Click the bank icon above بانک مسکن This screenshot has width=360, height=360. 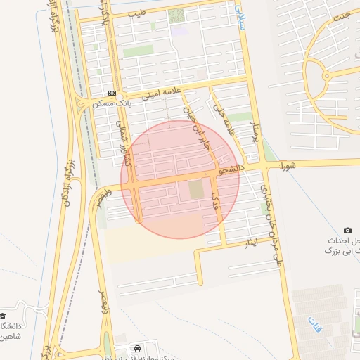pos(112,93)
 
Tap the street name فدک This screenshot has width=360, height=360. pos(215,204)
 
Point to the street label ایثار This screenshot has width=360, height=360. pos(251,244)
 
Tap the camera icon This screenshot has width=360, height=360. pos(347,231)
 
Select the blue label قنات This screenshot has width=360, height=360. pos(313,324)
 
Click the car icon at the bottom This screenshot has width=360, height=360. pos(137,348)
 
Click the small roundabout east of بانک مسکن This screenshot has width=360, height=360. pos(124,96)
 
